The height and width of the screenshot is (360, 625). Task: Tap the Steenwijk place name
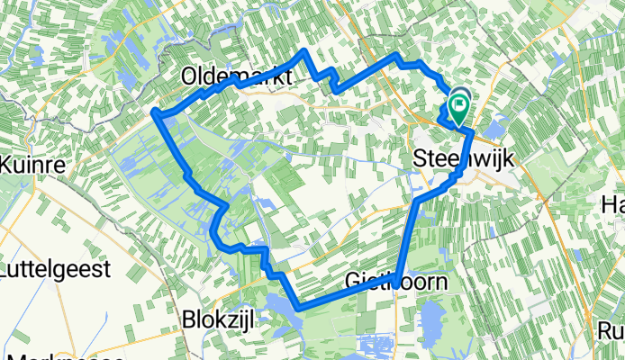pyautogui.click(x=463, y=157)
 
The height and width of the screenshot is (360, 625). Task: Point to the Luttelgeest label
pyautogui.click(x=68, y=269)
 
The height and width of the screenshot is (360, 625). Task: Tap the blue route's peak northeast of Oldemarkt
pyautogui.click(x=303, y=52)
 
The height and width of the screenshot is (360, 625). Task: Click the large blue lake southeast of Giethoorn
pyautogui.click(x=430, y=319)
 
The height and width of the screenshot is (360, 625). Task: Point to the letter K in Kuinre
pyautogui.click(x=9, y=165)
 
